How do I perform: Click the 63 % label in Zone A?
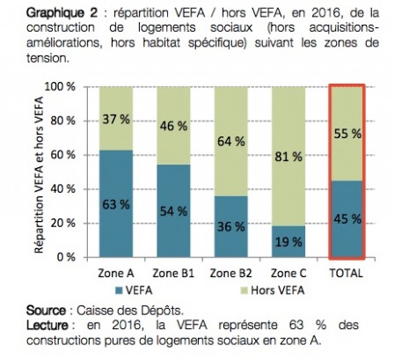point(117,204)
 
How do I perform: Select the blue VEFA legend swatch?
point(120,288)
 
